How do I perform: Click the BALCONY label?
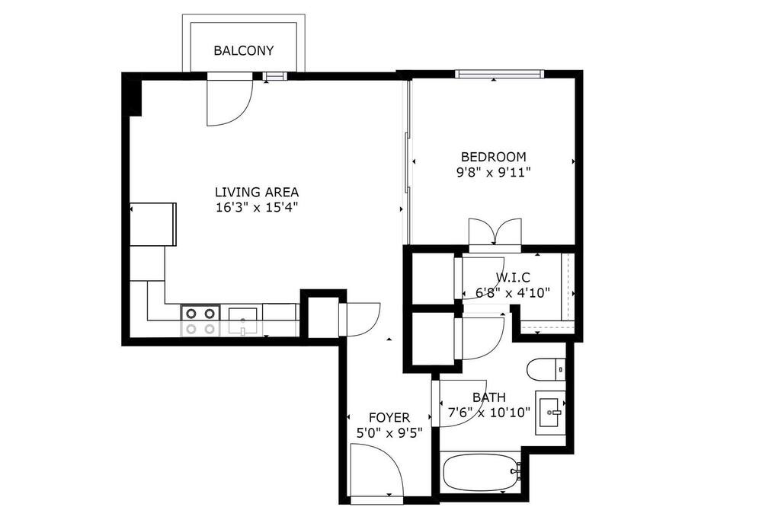click(244, 50)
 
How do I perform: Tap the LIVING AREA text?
click(257, 193)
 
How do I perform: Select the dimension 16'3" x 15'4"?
click(257, 208)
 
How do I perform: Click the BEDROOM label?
click(493, 157)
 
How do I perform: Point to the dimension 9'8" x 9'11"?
click(493, 172)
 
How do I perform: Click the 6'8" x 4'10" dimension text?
click(513, 293)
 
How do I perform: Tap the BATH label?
click(489, 397)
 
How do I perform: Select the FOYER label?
click(389, 418)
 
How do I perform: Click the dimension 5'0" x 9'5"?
click(389, 432)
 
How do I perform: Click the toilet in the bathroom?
click(546, 369)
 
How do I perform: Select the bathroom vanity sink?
click(551, 413)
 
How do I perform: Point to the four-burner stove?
click(200, 320)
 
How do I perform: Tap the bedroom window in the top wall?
click(500, 74)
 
